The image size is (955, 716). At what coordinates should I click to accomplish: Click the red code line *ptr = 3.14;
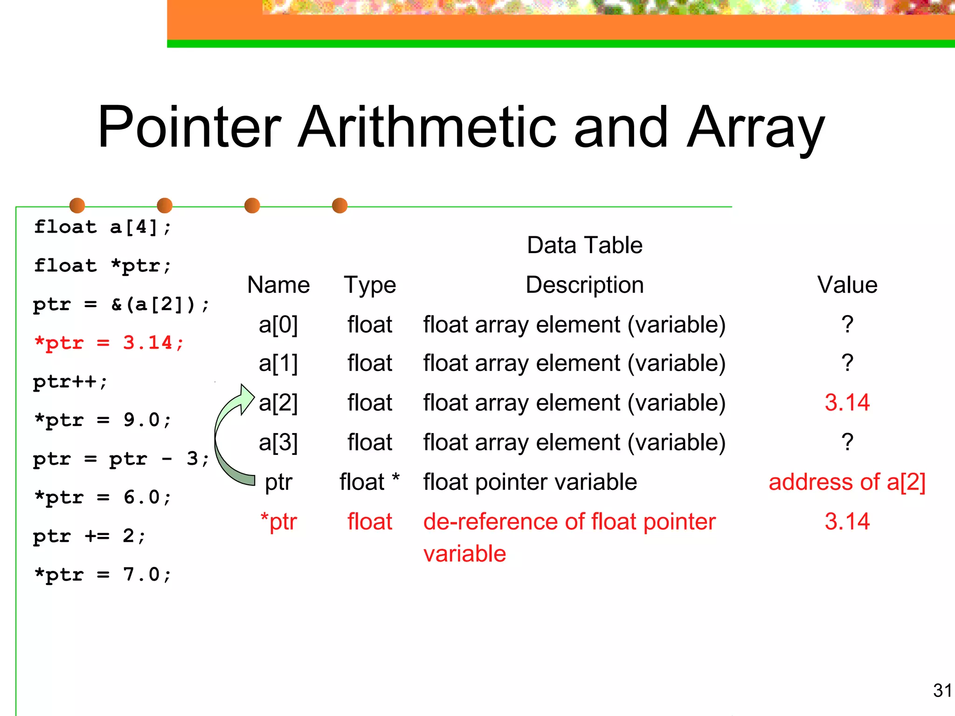pos(109,343)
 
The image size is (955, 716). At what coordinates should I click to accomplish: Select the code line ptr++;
pos(70,382)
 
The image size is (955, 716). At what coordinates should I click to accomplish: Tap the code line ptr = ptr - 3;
pos(121,459)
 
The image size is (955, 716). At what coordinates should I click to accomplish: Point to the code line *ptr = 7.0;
pos(103,574)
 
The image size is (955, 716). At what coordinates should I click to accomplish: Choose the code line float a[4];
pos(103,227)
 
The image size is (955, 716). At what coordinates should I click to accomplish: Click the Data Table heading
pos(584,245)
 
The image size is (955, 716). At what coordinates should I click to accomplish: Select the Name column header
pos(278,285)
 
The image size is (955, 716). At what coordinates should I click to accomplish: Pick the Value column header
pos(847,285)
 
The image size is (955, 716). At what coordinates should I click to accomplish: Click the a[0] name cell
pos(278,324)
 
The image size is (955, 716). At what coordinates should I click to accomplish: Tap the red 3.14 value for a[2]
pos(847,402)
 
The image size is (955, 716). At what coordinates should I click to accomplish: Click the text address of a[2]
pos(847,482)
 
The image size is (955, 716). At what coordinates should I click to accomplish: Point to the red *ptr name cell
pos(278,522)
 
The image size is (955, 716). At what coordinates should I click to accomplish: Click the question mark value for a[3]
pos(847,442)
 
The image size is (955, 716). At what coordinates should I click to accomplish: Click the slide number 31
pos(942,690)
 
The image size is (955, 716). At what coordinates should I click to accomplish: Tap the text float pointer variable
pos(530,482)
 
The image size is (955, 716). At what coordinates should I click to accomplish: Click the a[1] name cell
pos(278,363)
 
